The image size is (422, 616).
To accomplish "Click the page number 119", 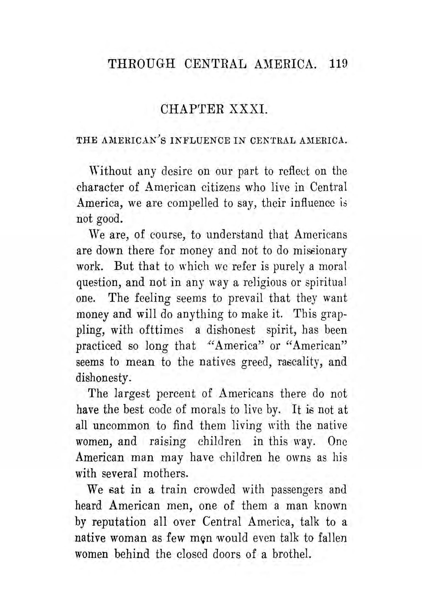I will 338,64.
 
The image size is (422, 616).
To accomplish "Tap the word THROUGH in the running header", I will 142,64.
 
